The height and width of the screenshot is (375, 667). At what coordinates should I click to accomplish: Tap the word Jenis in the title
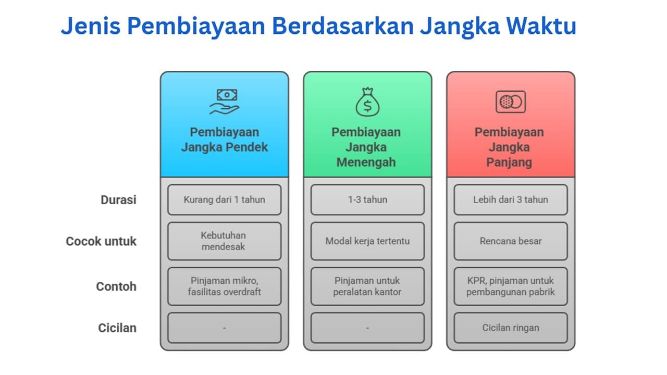point(91,26)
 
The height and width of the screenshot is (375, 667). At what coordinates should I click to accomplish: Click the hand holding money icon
point(225,102)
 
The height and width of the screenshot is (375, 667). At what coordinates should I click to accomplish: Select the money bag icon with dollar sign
point(367,102)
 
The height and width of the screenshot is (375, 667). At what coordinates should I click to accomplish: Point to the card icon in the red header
point(511,102)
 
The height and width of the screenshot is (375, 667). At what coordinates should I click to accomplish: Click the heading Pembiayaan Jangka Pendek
point(225,140)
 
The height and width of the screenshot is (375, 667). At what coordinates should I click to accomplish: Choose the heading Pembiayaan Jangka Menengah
point(366,147)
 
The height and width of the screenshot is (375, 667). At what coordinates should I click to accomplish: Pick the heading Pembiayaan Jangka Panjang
point(509,147)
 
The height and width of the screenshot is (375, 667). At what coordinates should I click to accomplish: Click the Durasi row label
point(118,200)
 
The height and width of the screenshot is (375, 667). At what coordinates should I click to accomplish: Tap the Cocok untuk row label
point(101,241)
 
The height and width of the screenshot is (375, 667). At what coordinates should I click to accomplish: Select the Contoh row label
point(116,286)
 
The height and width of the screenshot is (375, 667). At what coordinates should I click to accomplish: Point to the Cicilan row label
point(117,328)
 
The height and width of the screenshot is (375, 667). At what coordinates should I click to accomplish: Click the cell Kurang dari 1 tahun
point(225,199)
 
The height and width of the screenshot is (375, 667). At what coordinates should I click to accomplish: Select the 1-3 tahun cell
point(367,199)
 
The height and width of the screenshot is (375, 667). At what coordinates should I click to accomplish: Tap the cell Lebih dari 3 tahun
point(511,199)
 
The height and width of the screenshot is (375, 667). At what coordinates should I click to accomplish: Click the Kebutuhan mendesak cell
point(225,241)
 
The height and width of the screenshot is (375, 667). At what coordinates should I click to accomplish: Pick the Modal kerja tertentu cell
point(367,241)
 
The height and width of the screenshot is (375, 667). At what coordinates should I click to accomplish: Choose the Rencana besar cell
point(511,241)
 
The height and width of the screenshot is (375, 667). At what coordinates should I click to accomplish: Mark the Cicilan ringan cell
point(511,328)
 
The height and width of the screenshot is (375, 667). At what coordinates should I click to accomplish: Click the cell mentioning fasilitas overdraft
point(225,286)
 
